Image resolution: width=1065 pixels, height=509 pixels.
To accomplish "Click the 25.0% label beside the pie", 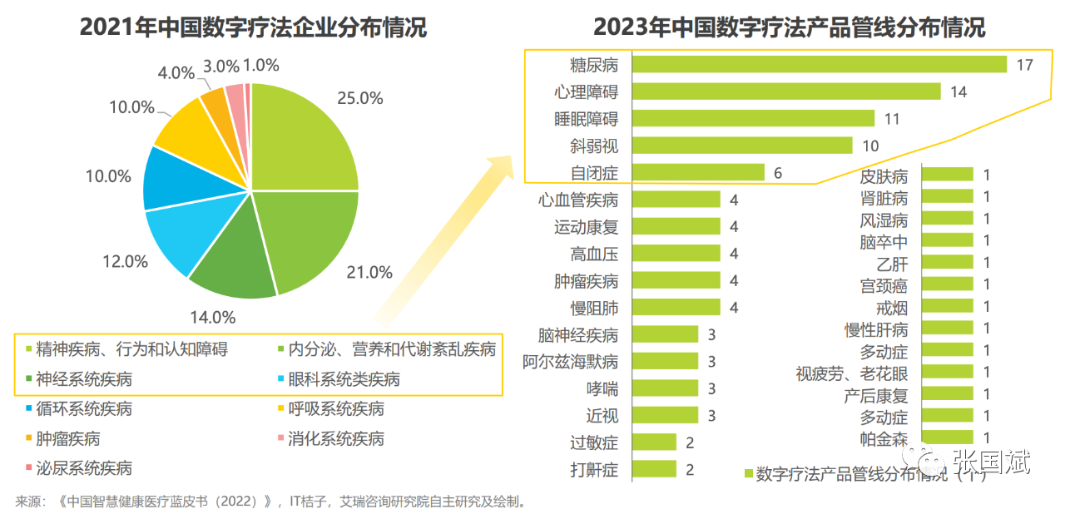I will (359, 98).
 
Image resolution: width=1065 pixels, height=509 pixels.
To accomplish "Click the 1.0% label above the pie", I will (260, 66).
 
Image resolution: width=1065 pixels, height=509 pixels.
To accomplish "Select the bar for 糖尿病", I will (819, 64).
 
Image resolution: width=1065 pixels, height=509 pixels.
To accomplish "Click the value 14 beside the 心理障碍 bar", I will (958, 91).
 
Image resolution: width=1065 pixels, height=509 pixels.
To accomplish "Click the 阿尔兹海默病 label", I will (570, 362).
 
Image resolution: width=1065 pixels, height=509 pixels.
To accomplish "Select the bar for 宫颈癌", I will (948, 284).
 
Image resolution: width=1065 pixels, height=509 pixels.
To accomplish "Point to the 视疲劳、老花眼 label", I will (851, 373).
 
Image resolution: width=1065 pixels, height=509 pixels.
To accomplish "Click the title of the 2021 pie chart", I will (253, 27).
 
